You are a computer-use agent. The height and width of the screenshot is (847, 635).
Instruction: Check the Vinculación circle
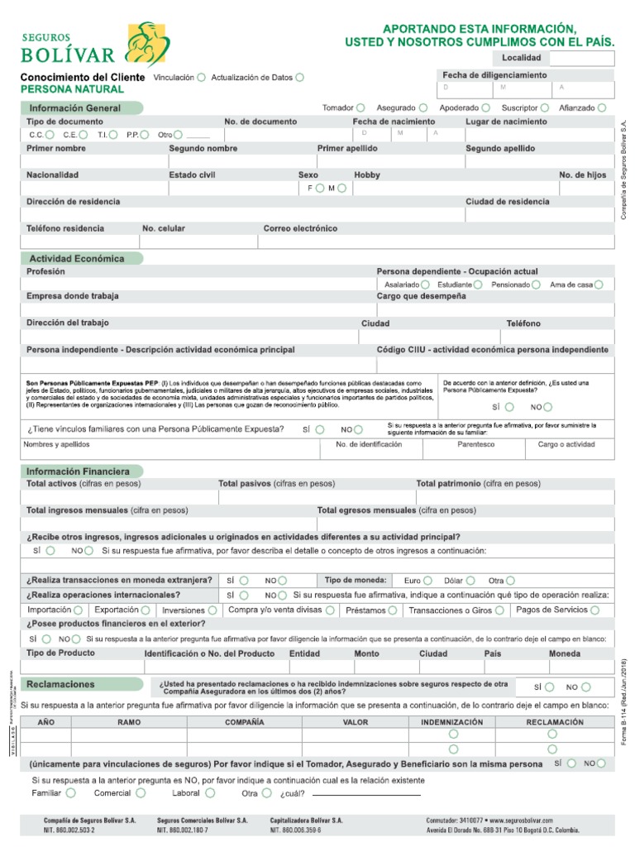(202, 78)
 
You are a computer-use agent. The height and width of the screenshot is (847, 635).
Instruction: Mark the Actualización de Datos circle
(299, 78)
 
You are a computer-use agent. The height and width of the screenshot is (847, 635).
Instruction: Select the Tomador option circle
(361, 108)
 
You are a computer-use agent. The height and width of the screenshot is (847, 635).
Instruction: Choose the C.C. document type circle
(50, 135)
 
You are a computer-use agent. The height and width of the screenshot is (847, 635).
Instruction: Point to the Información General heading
(75, 108)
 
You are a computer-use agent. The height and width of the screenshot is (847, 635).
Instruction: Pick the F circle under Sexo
(320, 189)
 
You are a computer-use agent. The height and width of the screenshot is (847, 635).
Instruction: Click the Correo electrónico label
(300, 228)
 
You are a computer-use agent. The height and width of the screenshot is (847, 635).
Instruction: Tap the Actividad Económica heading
(77, 259)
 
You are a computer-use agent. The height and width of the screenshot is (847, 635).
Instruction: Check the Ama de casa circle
(599, 285)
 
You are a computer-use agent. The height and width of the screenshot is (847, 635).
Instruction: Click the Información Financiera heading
(79, 471)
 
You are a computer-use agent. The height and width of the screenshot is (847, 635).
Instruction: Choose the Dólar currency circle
(470, 581)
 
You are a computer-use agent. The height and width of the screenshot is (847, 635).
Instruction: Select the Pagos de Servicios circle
(595, 610)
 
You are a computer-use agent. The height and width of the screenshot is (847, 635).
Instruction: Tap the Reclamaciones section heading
(60, 685)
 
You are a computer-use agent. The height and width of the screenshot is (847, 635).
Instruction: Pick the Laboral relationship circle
(210, 793)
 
